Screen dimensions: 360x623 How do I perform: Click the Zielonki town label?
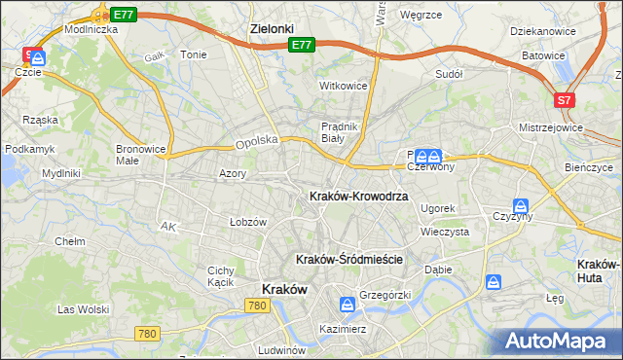click(x=272, y=29)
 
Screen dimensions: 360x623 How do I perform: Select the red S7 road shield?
click(x=564, y=99)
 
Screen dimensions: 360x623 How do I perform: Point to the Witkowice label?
click(x=344, y=86)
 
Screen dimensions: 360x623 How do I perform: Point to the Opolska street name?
click(x=257, y=142)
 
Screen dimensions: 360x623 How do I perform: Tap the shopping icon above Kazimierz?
click(x=346, y=305)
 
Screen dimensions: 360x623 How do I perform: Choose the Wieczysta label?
click(x=445, y=233)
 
